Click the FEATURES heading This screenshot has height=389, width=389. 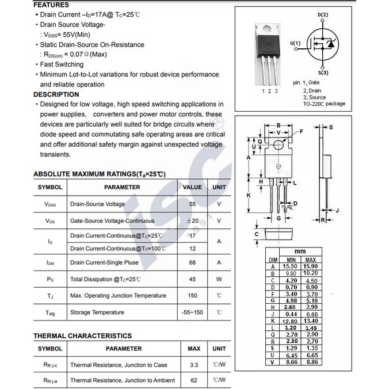pos(51,5)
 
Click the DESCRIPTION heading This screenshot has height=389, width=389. pos(56,94)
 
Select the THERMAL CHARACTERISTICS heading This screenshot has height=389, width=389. pos(82,335)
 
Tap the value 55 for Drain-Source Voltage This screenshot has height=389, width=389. pos(192,204)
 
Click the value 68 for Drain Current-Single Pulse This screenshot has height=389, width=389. pos(192,262)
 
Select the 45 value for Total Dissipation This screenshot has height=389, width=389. pos(192,279)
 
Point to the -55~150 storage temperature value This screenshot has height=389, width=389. pos(192,312)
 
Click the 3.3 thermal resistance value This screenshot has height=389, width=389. pos(194,365)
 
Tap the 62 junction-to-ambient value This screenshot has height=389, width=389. pos(194,380)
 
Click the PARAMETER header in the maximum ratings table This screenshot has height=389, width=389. pos(122,187)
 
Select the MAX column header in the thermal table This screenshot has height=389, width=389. pos(194,349)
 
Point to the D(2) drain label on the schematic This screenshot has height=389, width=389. pos(323,14)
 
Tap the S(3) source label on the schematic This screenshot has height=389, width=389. pos(323,73)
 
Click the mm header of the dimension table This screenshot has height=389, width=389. pos(300,251)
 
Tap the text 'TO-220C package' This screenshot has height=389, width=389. pos(324,104)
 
